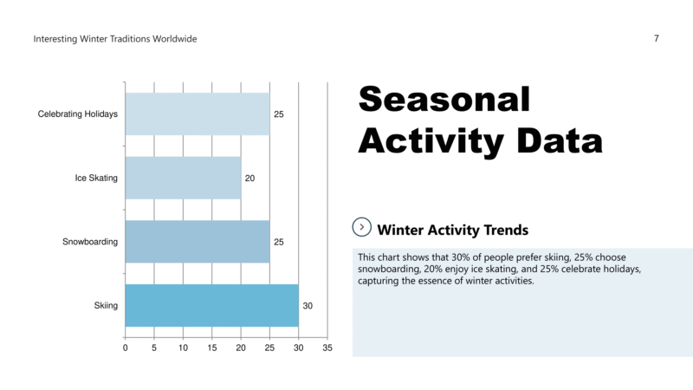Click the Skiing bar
point(211,305)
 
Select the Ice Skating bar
point(183,178)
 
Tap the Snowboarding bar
point(197,242)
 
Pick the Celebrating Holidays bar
point(197,114)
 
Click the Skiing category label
point(106,306)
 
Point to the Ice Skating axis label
point(96,179)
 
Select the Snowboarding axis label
point(90,242)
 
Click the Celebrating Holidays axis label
point(78,114)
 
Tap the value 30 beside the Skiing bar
point(308,306)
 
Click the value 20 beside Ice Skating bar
point(249,179)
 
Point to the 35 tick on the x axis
point(327,348)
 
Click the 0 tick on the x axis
point(126,348)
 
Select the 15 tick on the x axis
point(211,348)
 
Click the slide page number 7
point(657,39)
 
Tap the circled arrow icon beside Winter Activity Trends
point(362,227)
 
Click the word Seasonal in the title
point(444,100)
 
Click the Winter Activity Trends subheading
point(453,230)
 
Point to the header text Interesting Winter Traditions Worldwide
point(115,39)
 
